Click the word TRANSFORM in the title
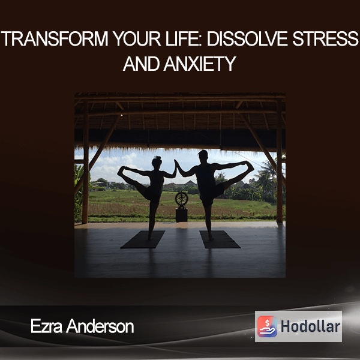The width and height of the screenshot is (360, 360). [x=55, y=39]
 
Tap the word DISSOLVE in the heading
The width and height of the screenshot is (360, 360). [x=247, y=39]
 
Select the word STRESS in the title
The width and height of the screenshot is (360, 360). [x=325, y=39]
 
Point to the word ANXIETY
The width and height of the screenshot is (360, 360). [x=200, y=64]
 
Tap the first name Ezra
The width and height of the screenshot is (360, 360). [x=46, y=326]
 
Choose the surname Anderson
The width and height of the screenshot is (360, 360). [x=100, y=326]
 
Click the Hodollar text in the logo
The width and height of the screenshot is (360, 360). [x=310, y=326]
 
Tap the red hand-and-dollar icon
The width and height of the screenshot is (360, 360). [x=267, y=326]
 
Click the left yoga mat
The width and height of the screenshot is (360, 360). [x=143, y=239]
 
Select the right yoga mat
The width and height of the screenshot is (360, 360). [x=220, y=239]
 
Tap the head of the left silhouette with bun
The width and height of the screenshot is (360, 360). [x=157, y=162]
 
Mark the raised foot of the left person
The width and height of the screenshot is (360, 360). [x=121, y=170]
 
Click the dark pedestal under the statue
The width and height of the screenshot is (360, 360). [x=182, y=215]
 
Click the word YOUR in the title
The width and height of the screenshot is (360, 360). [x=137, y=39]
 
